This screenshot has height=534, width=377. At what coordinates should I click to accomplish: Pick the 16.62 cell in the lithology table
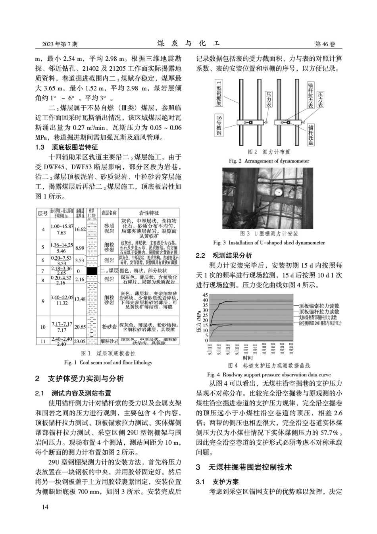click(x=80, y=229)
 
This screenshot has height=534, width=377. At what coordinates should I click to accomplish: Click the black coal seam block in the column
click(x=92, y=271)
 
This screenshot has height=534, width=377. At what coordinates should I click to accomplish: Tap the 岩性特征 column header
click(x=149, y=213)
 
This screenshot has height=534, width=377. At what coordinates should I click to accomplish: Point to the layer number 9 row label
click(x=43, y=301)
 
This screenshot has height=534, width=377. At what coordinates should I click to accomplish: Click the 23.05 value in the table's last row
click(x=80, y=341)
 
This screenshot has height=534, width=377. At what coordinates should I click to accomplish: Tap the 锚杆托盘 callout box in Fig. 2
click(x=311, y=135)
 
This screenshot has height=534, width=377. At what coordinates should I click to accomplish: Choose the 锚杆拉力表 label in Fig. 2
click(x=311, y=95)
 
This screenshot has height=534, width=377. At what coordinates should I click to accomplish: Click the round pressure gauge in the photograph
click(x=277, y=193)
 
